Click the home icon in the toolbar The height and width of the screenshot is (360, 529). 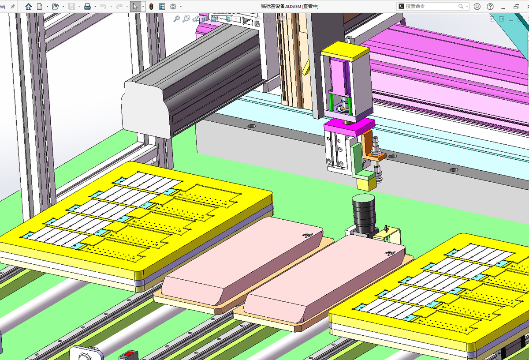pyautogui.click(x=29, y=6)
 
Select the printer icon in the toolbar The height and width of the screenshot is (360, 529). pyautogui.click(x=87, y=6)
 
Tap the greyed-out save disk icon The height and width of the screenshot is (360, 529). pyautogui.click(x=71, y=6)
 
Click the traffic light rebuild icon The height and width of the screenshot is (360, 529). pyautogui.click(x=151, y=6)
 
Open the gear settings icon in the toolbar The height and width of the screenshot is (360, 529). pyautogui.click(x=173, y=6)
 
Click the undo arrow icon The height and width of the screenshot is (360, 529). pyautogui.click(x=103, y=6)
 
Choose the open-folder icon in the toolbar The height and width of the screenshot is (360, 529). pyautogui.click(x=55, y=6)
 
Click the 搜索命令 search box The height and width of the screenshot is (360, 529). pyautogui.click(x=432, y=6)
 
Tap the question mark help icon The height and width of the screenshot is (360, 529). pyautogui.click(x=490, y=6)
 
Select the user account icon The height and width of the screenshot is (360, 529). pyautogui.click(x=477, y=6)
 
